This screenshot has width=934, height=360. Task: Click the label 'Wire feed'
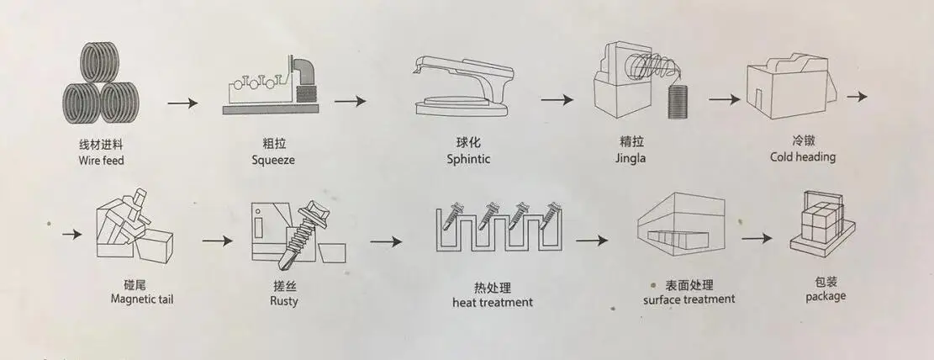point(101,160)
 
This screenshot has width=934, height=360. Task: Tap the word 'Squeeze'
point(273,160)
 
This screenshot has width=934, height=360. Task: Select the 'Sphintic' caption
point(469,159)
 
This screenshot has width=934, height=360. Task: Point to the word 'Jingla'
point(630,158)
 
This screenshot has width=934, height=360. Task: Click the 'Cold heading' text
point(803,156)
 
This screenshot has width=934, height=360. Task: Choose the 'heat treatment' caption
point(493,302)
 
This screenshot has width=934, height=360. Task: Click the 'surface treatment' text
point(689,299)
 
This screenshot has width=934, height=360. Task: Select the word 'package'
point(826,296)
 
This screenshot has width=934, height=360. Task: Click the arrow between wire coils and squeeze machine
point(182,103)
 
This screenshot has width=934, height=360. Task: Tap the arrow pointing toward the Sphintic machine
point(351,102)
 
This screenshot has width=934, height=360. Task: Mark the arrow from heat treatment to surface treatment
point(592,240)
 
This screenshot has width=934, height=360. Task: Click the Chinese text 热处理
point(493,286)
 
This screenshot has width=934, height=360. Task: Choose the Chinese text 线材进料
point(101,144)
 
